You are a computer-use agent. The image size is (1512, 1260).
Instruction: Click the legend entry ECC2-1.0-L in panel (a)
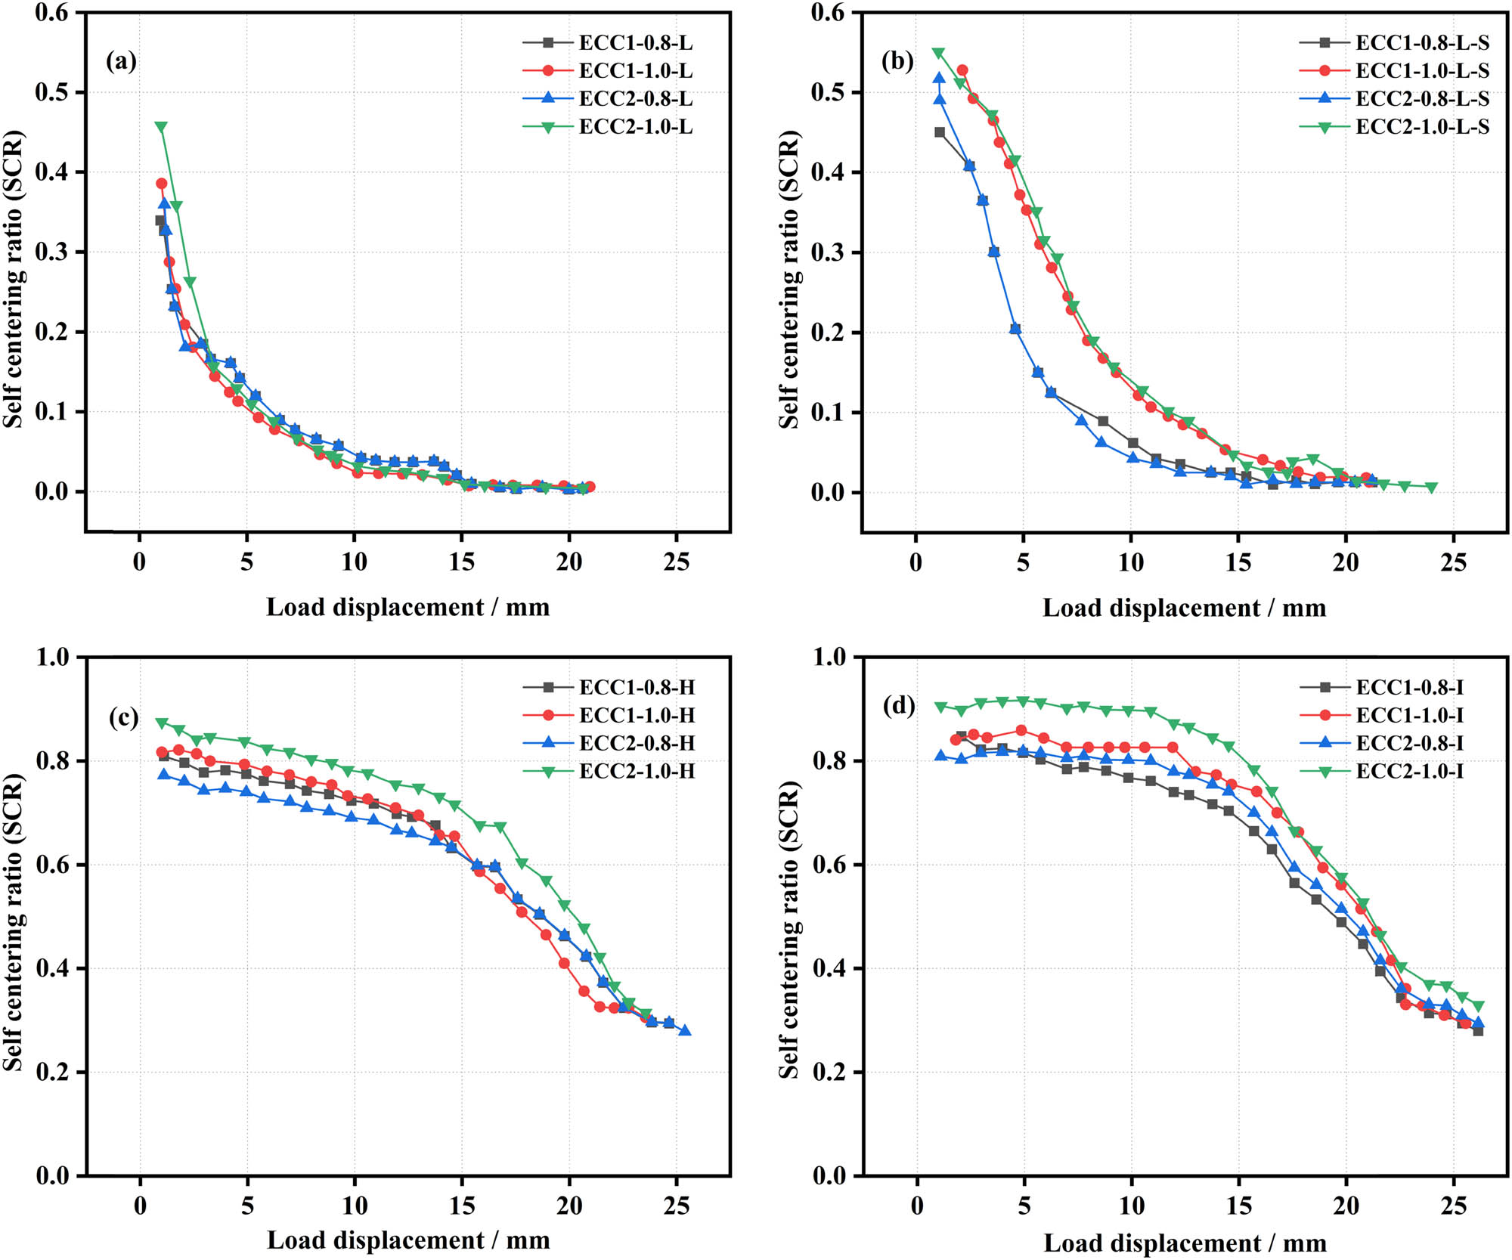(x=635, y=127)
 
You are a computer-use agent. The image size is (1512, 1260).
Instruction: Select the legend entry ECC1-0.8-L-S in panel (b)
(x=1421, y=43)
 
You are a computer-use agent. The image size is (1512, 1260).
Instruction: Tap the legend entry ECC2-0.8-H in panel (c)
(x=637, y=743)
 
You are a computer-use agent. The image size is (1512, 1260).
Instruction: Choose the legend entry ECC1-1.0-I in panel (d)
(x=1409, y=715)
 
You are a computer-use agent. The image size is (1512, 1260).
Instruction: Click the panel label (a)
(x=121, y=60)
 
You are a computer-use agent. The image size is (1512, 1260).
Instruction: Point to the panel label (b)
(x=897, y=60)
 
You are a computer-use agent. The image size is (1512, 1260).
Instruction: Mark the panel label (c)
(x=123, y=717)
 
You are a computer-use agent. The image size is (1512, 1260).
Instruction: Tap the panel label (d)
(x=899, y=706)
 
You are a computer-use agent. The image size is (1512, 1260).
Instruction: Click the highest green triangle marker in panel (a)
(x=161, y=127)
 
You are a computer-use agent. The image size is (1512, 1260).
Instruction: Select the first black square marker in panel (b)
(x=940, y=132)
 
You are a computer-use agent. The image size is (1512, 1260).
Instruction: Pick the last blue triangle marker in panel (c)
(x=685, y=1031)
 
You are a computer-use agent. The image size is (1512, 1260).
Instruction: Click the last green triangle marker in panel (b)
(x=1431, y=488)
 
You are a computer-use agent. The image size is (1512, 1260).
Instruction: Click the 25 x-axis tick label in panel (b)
(x=1453, y=562)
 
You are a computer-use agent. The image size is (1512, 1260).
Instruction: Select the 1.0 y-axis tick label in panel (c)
(x=52, y=657)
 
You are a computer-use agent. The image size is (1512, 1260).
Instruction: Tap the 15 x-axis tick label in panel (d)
(x=1238, y=1205)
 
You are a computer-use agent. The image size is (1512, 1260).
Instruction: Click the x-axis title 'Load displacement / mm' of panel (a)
(x=407, y=607)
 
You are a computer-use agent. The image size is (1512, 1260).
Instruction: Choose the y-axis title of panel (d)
(x=789, y=930)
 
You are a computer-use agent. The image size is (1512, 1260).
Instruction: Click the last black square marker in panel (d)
(x=1478, y=1030)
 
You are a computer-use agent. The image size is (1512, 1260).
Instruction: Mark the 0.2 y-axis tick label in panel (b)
(x=827, y=333)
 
